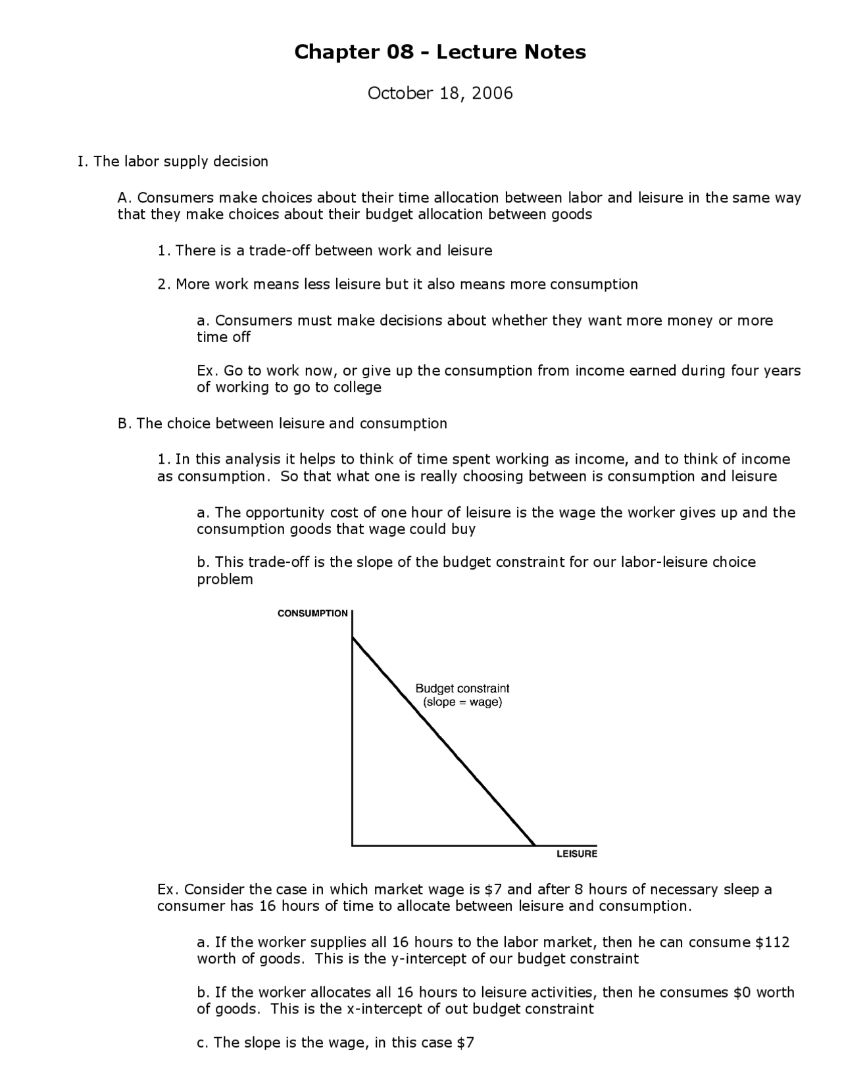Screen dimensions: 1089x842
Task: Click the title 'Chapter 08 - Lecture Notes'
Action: tap(439, 52)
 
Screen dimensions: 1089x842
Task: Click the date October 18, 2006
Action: tap(439, 93)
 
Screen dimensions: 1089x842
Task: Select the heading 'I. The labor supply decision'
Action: tap(173, 162)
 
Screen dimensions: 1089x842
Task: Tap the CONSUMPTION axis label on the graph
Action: tap(312, 614)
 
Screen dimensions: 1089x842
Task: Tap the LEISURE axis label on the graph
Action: tap(576, 854)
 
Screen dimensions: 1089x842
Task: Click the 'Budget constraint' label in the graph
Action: tap(462, 689)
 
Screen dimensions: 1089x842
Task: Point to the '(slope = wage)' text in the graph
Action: tap(462, 702)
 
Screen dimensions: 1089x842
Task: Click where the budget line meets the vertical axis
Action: tap(353, 637)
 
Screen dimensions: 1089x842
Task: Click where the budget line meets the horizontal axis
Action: tap(534, 845)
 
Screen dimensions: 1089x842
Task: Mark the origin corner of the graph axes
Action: tap(353, 845)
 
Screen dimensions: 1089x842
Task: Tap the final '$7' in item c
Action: tap(465, 1043)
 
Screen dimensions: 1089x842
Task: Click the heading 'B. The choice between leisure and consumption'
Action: tap(282, 423)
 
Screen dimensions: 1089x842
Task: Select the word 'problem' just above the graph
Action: tap(224, 579)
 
